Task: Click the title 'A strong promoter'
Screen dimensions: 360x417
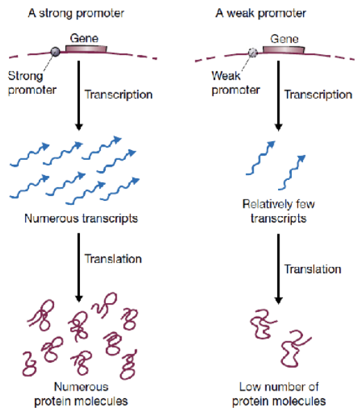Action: click(x=76, y=13)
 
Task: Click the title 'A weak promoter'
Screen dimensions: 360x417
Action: click(x=261, y=13)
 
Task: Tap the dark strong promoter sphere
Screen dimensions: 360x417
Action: click(x=56, y=51)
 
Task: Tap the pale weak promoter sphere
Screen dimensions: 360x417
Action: click(x=253, y=52)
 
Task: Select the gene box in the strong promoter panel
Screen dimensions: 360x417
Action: click(x=86, y=49)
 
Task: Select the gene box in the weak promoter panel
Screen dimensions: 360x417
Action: click(x=284, y=49)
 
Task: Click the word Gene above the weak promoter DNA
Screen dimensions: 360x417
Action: click(x=284, y=39)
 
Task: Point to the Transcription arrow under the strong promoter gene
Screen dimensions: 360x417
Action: click(x=79, y=95)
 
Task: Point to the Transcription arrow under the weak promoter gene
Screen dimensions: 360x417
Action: click(x=279, y=96)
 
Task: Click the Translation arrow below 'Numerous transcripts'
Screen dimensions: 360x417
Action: click(x=79, y=268)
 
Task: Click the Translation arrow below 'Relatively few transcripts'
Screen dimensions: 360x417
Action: click(x=279, y=269)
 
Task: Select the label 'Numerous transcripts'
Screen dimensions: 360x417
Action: click(x=81, y=219)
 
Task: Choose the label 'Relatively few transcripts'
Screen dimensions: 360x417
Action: click(x=279, y=211)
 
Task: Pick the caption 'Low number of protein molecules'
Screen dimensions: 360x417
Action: click(x=279, y=394)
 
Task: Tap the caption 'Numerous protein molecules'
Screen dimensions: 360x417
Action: click(x=81, y=394)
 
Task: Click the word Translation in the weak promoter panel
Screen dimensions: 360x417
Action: click(x=313, y=269)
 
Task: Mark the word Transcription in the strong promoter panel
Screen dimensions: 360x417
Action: click(x=119, y=95)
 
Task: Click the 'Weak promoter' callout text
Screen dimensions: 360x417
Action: click(x=236, y=83)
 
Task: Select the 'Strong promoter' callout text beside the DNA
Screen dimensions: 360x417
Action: click(x=32, y=83)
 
